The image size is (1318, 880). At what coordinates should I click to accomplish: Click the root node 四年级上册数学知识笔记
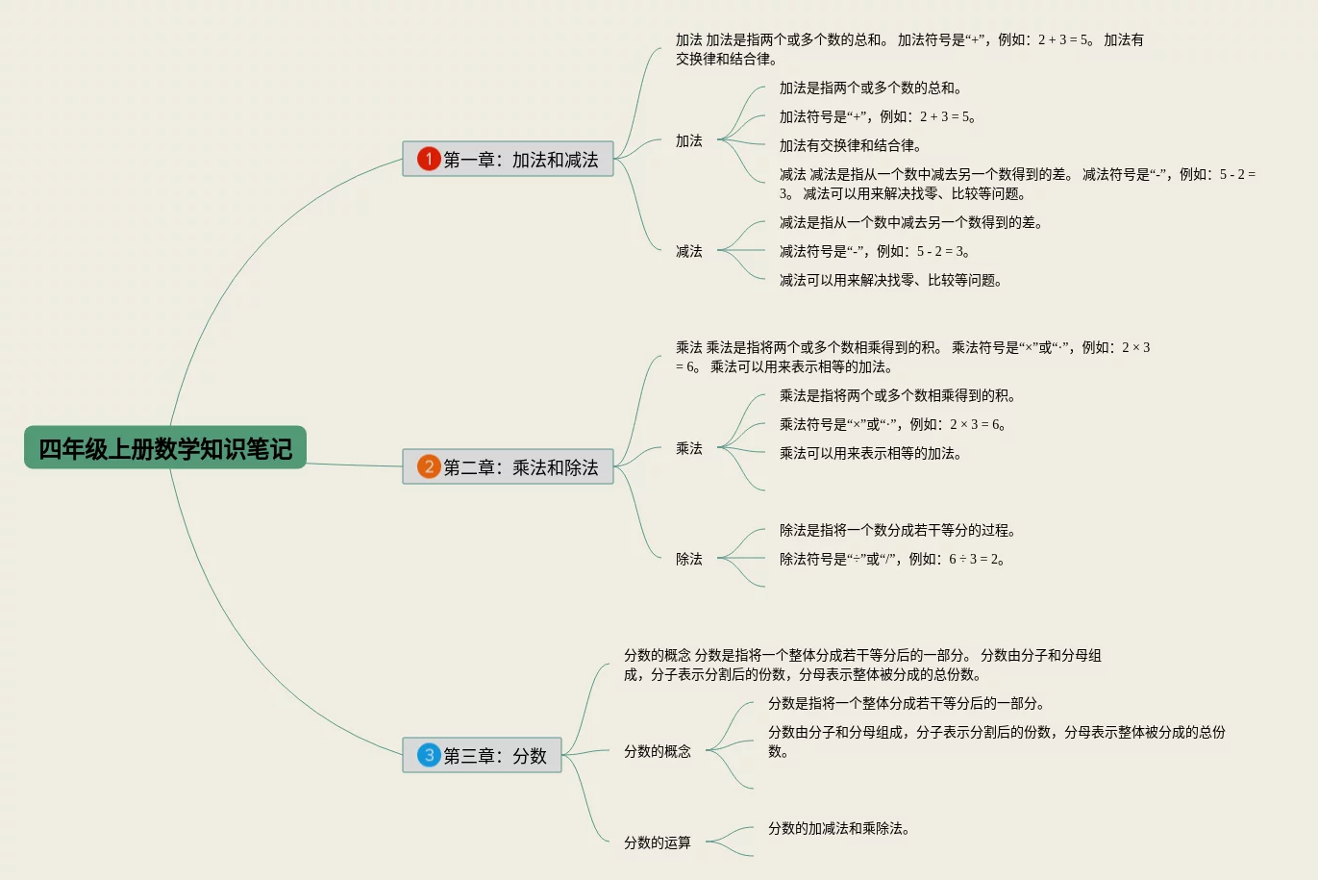point(165,448)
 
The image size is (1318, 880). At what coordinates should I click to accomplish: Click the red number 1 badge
point(429,159)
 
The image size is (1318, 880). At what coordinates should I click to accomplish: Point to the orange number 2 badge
point(429,466)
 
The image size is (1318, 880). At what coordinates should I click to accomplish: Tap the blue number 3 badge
point(429,755)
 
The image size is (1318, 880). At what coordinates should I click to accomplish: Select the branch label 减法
point(688,251)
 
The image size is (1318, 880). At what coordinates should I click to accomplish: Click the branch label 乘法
point(688,448)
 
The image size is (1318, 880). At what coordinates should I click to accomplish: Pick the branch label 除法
point(688,559)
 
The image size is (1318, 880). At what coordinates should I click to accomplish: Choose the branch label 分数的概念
point(658,751)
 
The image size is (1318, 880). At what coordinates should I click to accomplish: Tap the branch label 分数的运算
point(658,842)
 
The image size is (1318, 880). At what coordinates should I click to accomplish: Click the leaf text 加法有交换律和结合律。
point(850,145)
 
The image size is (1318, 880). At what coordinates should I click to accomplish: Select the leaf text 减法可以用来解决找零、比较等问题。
point(891,280)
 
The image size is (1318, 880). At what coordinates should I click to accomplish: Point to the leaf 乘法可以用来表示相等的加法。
point(870,453)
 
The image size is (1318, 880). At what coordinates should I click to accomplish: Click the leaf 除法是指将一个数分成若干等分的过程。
point(898,530)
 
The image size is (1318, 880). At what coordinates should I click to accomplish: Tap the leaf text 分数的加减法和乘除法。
point(838,828)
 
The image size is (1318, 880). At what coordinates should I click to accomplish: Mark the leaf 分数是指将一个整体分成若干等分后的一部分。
point(907,703)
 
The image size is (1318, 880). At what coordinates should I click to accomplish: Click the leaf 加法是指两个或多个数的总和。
point(870,88)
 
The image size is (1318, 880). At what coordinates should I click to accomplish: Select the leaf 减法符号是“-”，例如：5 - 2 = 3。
point(875,251)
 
